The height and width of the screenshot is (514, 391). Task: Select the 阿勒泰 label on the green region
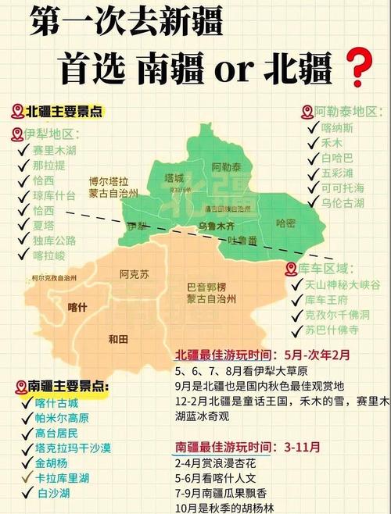228,167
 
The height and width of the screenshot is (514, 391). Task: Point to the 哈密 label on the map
286,223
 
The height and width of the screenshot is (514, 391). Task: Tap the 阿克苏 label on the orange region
134,274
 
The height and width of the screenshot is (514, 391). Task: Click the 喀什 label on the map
78,306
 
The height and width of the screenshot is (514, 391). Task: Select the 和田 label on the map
118,337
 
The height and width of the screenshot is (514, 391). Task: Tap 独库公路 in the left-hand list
55,241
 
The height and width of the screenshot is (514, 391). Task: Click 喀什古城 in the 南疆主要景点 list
57,403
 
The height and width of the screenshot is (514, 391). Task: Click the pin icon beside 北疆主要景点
17,112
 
